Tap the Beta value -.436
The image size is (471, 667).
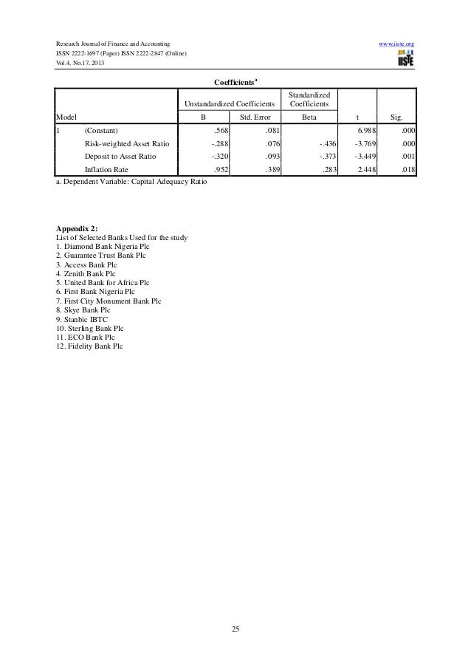coord(327,143)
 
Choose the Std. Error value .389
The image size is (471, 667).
coord(272,169)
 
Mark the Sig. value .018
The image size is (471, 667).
coord(406,169)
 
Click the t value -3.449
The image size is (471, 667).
coord(363,156)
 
